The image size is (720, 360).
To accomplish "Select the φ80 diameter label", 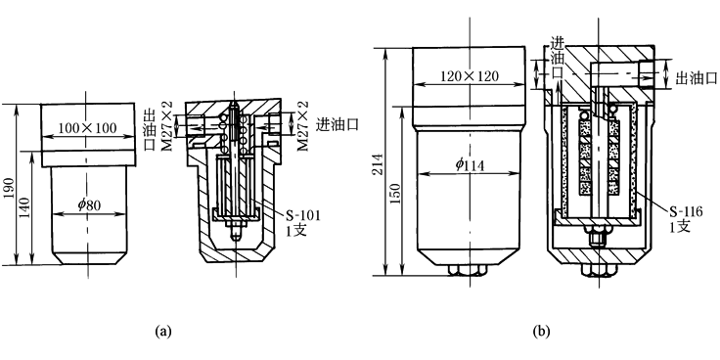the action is point(89,204).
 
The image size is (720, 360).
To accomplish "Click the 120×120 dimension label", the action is point(470,76).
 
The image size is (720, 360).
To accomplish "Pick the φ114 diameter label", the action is point(470,165).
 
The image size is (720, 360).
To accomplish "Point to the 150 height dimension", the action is point(397,193).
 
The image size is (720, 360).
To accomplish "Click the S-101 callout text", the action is point(302,215).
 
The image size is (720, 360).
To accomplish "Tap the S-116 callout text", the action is point(686,211).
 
